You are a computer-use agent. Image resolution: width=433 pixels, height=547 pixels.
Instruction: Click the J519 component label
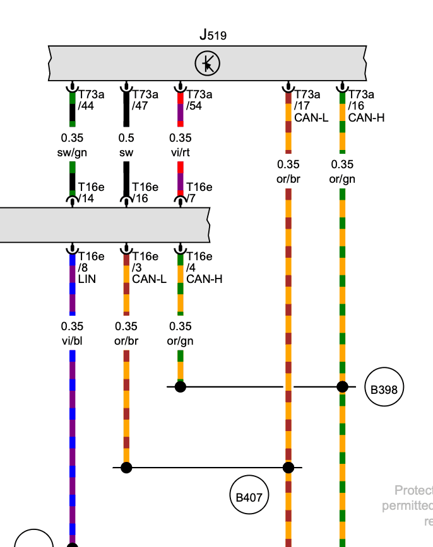[213, 35]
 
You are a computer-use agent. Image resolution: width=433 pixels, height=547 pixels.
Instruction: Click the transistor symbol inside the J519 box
[207, 64]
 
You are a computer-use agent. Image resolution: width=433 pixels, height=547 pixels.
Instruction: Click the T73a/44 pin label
[91, 100]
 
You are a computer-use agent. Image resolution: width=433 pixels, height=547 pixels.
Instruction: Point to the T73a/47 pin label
[145, 100]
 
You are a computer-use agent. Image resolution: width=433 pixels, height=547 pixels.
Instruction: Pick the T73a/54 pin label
[199, 100]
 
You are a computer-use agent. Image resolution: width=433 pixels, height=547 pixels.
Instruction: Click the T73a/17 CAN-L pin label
[307, 106]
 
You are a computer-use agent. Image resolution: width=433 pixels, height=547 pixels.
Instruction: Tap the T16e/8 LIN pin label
[91, 267]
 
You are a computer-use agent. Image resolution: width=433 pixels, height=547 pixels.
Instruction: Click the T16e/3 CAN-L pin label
[149, 267]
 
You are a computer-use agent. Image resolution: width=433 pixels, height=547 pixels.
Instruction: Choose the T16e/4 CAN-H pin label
[203, 267]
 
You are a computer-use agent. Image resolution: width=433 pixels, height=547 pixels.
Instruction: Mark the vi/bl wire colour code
[72, 340]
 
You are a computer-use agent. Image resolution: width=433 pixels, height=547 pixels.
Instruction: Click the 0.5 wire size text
[126, 138]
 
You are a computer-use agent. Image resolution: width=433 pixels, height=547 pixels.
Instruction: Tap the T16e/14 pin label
[91, 193]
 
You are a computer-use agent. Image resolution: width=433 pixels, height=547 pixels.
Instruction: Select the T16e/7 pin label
[199, 193]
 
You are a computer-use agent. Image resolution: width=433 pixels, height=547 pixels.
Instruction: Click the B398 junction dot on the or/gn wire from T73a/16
[342, 387]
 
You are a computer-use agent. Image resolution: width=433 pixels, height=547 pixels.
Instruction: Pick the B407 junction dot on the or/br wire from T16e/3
[126, 468]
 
